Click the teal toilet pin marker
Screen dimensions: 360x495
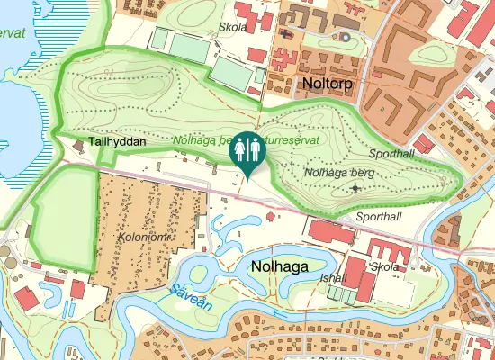pos(246,152)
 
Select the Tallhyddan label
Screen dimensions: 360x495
pos(118,142)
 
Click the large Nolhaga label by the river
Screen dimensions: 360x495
pos(280,266)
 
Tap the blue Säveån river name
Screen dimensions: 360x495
pos(189,298)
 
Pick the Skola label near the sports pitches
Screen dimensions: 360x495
pos(233,26)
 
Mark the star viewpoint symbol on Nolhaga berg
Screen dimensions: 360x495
pos(356,188)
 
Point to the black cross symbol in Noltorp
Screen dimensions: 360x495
pos(287,34)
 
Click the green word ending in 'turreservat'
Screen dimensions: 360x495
pos(297,141)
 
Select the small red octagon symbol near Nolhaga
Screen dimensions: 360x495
pos(272,217)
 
